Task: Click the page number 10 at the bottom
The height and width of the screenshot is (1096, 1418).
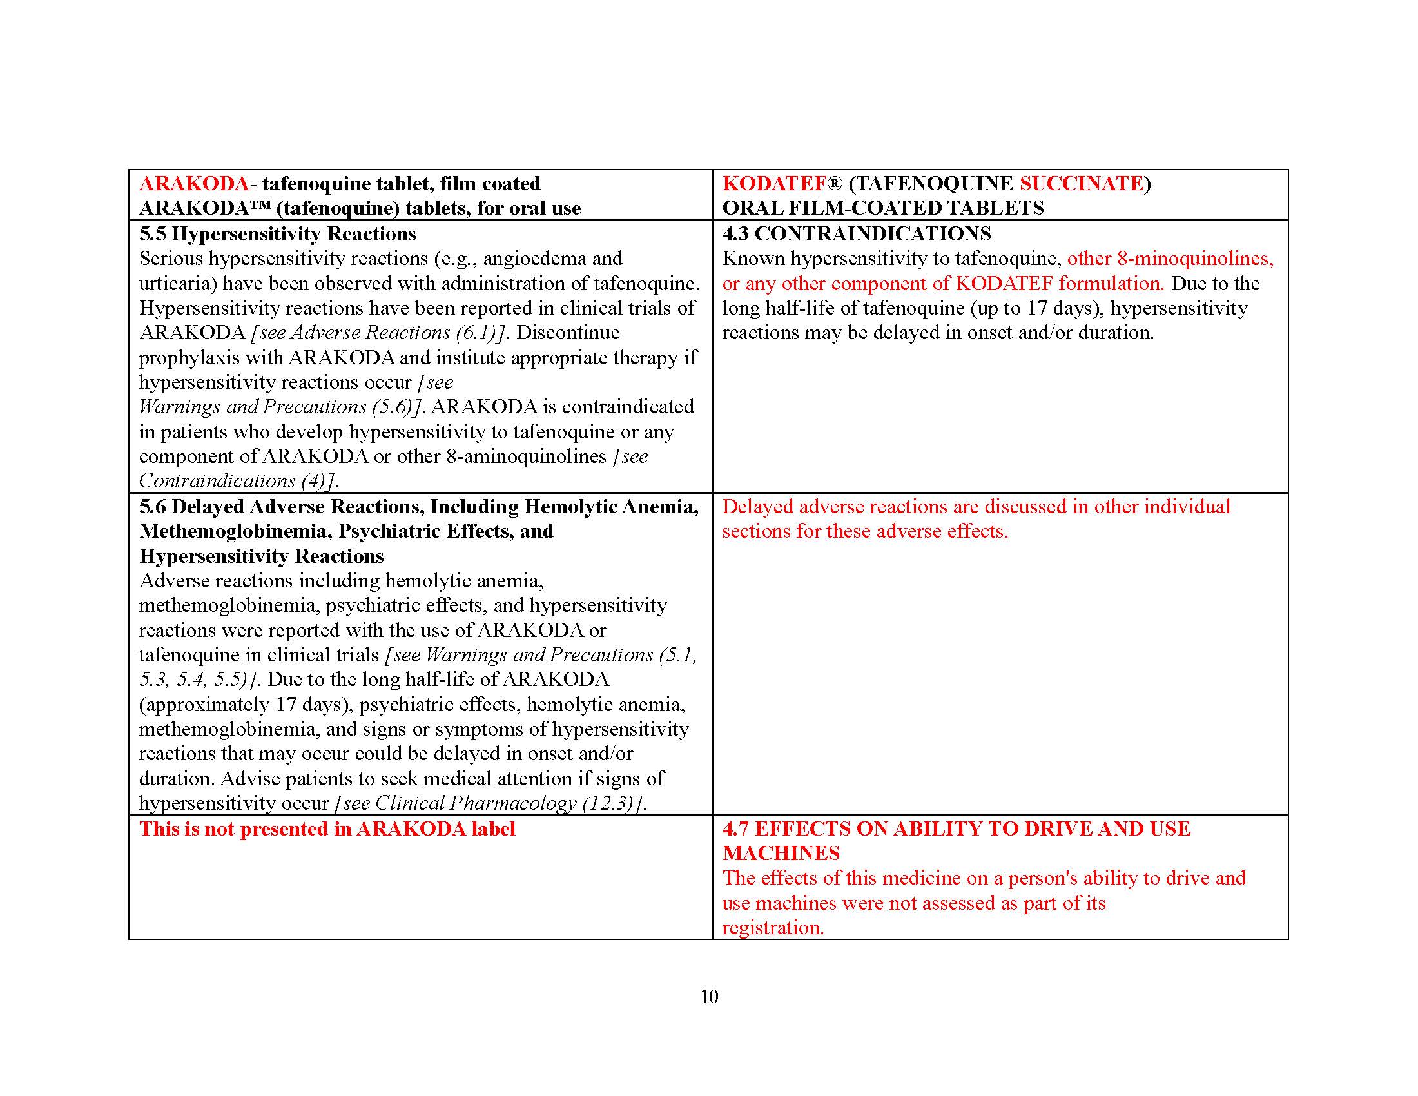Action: click(x=709, y=997)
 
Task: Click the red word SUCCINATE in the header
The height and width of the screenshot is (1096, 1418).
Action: click(x=1081, y=184)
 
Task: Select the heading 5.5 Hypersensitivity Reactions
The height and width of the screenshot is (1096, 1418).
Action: click(x=277, y=234)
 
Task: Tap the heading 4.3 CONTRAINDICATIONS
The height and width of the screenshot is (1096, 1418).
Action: click(x=857, y=234)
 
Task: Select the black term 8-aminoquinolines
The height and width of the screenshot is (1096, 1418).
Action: click(x=526, y=456)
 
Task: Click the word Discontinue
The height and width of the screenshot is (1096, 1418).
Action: click(x=567, y=333)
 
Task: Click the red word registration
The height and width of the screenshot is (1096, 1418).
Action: click(x=773, y=928)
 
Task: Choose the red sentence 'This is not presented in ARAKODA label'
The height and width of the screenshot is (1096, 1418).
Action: click(x=327, y=829)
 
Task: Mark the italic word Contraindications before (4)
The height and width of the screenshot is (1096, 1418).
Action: click(x=217, y=481)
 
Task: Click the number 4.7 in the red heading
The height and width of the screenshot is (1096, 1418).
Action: click(x=735, y=829)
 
